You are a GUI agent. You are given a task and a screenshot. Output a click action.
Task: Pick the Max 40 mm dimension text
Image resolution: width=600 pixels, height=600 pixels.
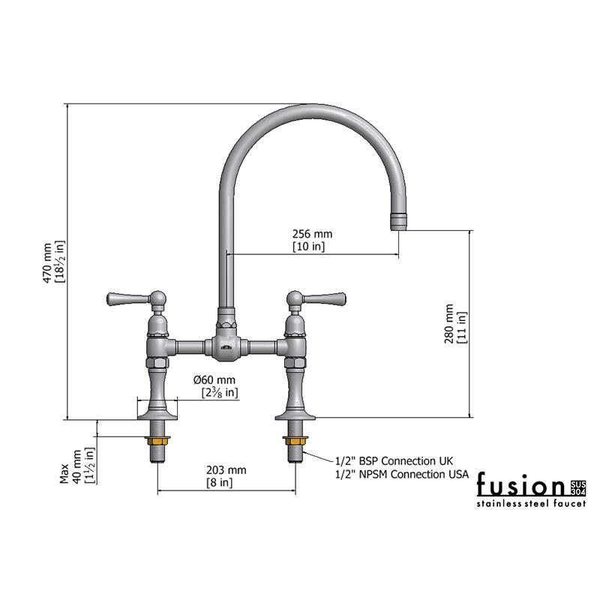click(77, 466)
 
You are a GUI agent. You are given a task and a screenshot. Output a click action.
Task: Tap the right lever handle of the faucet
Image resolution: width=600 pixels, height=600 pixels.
click(325, 298)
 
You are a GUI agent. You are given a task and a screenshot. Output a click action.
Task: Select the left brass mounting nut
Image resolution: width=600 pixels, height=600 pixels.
click(157, 440)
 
